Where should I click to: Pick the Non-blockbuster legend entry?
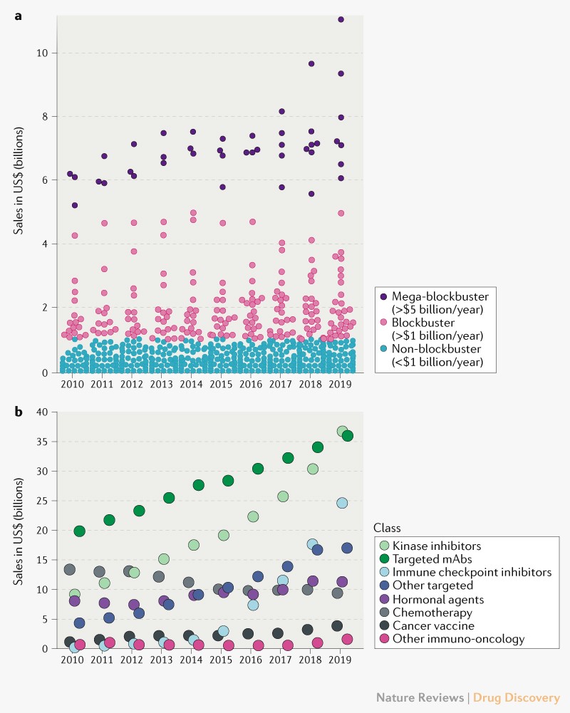pyautogui.click(x=434, y=350)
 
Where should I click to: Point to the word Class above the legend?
pyautogui.click(x=387, y=528)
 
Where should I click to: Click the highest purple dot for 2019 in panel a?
pyautogui.click(x=341, y=19)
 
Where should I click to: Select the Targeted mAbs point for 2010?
pyautogui.click(x=79, y=531)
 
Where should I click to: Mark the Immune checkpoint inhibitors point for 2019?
pyautogui.click(x=342, y=503)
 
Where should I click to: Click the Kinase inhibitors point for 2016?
pyautogui.click(x=252, y=516)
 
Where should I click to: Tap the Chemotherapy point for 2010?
pyautogui.click(x=70, y=570)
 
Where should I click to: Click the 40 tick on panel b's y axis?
pyautogui.click(x=43, y=412)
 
